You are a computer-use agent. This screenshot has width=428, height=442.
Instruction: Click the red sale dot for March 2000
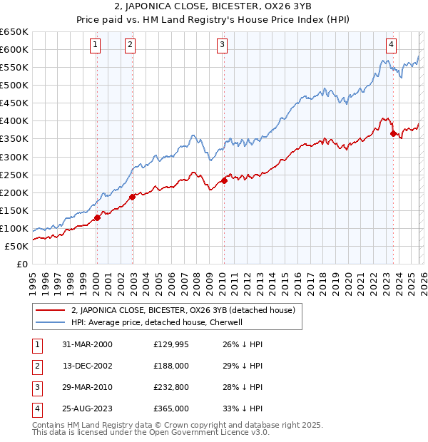[98, 218]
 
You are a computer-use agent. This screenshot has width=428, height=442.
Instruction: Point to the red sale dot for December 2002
[132, 197]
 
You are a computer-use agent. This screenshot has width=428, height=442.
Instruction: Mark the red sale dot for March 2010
[224, 181]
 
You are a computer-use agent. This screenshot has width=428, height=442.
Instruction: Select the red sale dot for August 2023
[393, 133]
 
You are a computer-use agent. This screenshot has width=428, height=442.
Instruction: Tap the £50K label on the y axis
[17, 246]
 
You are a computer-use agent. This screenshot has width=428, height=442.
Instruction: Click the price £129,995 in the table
[171, 344]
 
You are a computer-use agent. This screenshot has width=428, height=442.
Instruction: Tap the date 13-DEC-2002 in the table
[87, 366]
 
